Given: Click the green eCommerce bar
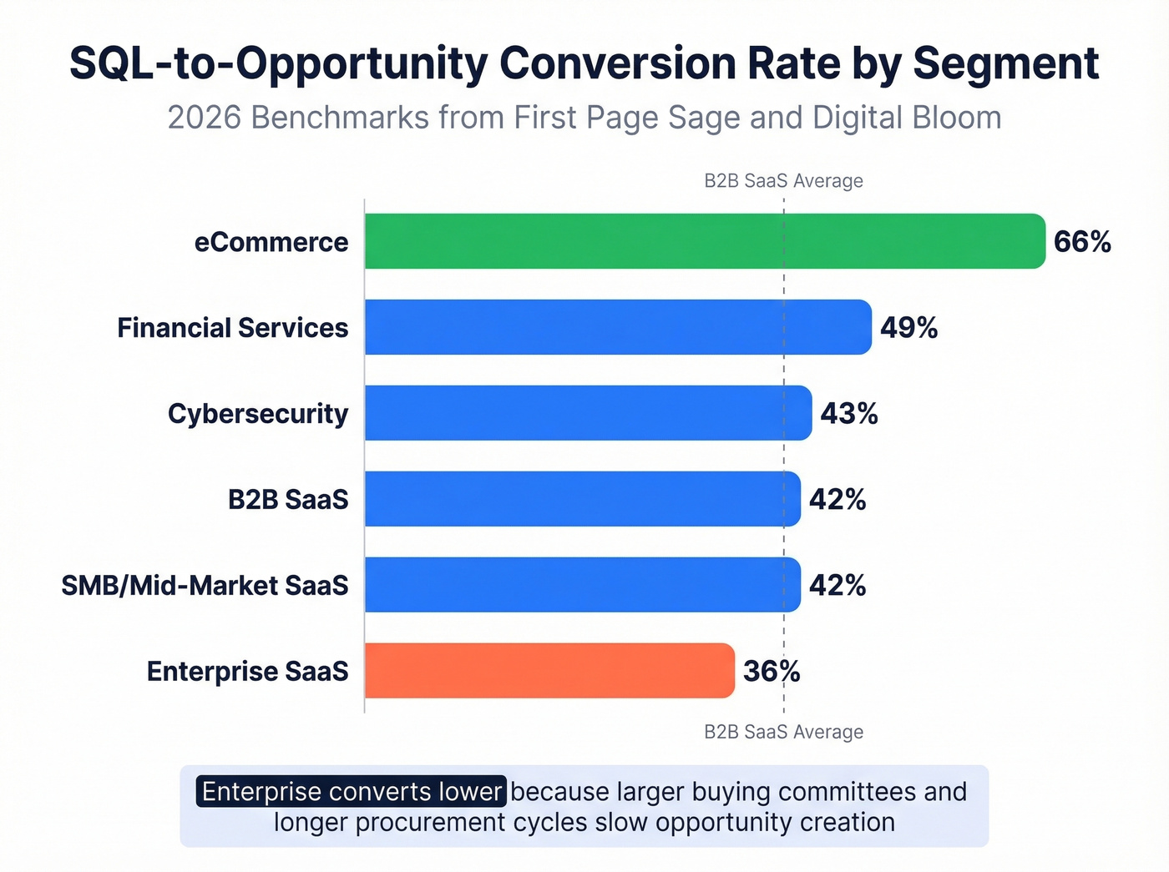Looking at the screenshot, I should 705,241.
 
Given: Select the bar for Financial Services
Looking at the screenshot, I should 618,327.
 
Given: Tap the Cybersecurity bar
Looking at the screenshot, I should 588,413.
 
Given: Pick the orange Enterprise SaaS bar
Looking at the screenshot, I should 549,671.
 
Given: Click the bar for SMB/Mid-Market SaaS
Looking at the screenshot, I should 582,585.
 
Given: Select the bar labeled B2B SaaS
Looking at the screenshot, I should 582,499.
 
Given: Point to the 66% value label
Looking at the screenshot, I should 1082,242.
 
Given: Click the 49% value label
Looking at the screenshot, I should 908,328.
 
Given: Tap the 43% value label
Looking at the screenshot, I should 848,414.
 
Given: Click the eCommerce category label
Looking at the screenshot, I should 271,242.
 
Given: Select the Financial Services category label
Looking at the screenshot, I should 232,328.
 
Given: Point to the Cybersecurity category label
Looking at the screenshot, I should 258,414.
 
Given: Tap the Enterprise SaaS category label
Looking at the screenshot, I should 247,672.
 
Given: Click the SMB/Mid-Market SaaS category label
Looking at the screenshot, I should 205,586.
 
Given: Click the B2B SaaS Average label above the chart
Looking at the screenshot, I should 783,181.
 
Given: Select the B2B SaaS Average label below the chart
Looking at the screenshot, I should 783,732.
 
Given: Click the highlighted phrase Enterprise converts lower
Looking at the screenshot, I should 352,792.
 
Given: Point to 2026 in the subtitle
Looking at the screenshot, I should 205,118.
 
